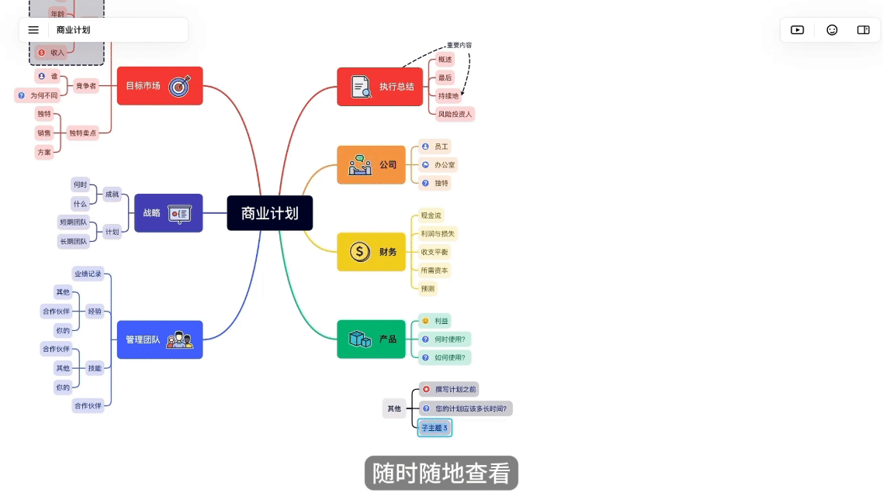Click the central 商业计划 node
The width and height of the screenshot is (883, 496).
(269, 213)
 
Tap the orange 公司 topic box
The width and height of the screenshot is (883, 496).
(371, 165)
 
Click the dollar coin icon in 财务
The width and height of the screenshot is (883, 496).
(359, 252)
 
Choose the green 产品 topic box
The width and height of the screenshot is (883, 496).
(371, 339)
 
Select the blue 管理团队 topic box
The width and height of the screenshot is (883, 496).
(159, 339)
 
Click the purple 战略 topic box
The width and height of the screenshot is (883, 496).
(168, 213)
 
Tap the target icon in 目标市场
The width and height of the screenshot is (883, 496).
(179, 86)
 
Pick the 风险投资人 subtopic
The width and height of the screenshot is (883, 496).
(454, 114)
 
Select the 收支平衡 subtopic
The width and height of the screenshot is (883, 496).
(435, 252)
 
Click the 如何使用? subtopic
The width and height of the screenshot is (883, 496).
(449, 357)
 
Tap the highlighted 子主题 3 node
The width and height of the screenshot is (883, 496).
(435, 428)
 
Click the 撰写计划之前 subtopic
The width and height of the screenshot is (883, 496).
(455, 389)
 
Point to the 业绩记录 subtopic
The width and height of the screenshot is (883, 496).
(88, 274)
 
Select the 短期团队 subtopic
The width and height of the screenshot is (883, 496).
(73, 222)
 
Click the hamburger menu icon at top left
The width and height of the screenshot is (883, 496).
(33, 30)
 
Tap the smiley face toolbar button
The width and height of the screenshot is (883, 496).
(832, 30)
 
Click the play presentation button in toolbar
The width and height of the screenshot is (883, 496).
(797, 30)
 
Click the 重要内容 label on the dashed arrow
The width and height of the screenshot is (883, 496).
(459, 45)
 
